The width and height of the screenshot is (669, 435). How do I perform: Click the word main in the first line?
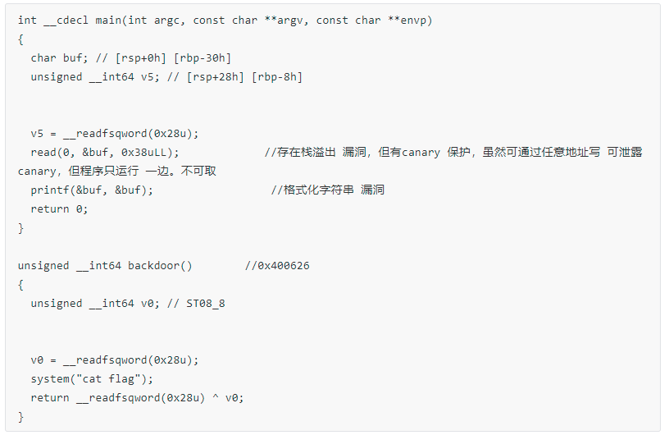pos(108,20)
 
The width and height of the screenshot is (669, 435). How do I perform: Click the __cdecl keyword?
pos(66,21)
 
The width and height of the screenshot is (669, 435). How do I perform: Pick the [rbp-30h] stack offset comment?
pos(203,58)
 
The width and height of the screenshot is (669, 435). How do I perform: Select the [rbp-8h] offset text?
pos(277,77)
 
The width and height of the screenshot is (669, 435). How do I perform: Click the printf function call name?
pos(50,190)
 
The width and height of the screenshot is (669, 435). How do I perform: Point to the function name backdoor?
pos(153,266)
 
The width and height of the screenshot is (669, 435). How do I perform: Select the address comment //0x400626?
pos(277,266)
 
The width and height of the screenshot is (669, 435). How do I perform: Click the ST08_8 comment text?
pos(206,304)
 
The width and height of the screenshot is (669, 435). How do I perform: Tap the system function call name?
pos(50,379)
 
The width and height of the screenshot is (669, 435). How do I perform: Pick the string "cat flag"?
pos(111,378)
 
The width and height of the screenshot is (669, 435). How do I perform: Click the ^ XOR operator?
pos(216,396)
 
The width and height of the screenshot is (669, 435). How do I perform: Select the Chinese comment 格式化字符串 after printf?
pos(319,190)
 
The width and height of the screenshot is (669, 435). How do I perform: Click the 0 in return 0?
pos(79,209)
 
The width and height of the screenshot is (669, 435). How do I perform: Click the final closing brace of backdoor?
pos(20,417)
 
